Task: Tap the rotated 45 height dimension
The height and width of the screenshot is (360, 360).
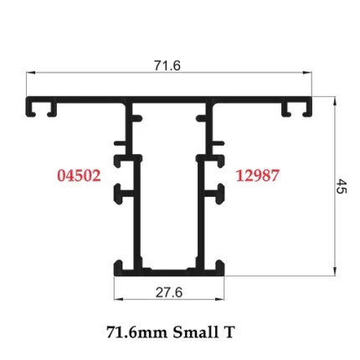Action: (x=342, y=186)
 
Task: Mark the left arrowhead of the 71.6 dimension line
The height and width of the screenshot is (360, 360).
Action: (x=31, y=74)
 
